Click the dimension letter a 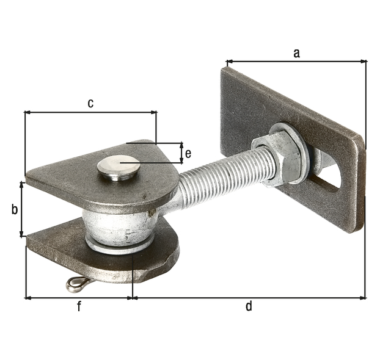tap(296, 53)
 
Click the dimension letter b tap(15, 209)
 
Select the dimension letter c tap(90, 103)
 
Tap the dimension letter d tap(249, 306)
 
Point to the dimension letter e tap(188, 154)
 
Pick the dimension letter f tap(79, 306)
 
